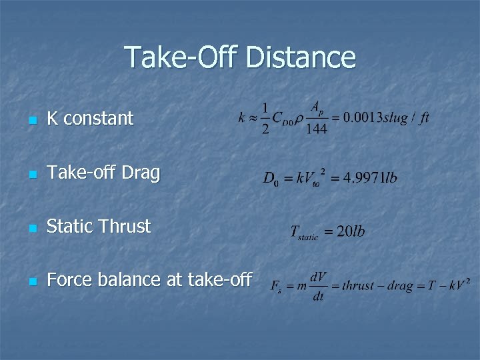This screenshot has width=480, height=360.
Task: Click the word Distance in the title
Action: coord(301,57)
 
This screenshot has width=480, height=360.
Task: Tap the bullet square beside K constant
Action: coord(32,121)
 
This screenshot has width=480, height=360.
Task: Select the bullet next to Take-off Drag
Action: coord(32,175)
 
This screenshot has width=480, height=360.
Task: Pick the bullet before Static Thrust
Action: coord(32,228)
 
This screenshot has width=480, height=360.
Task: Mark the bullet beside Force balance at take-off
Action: coord(32,281)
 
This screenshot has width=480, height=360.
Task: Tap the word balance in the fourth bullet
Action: coord(130,279)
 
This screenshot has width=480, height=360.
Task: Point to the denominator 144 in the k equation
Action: coord(317,129)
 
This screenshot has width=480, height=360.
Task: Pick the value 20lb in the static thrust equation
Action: coord(351,232)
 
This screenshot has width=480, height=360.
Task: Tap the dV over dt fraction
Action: coord(318,286)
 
